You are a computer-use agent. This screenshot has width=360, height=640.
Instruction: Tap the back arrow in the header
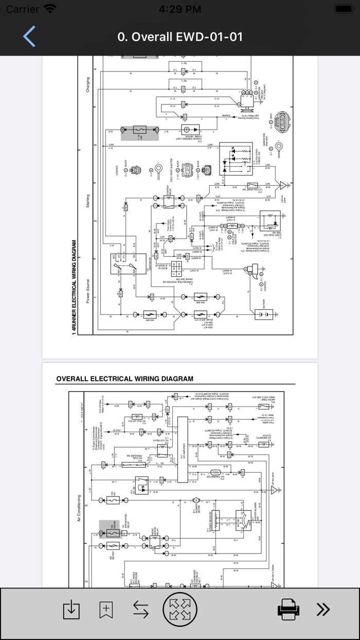(x=29, y=37)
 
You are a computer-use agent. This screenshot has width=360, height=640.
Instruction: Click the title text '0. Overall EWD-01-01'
(x=180, y=37)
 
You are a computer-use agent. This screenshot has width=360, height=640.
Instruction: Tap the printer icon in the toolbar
(x=288, y=610)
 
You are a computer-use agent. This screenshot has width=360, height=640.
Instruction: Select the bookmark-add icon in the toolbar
(x=106, y=610)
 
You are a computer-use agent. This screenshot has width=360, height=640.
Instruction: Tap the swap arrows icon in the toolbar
(x=140, y=610)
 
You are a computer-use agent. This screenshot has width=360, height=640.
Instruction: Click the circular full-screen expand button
(x=180, y=610)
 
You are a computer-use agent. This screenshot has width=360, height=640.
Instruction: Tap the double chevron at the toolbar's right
(x=323, y=610)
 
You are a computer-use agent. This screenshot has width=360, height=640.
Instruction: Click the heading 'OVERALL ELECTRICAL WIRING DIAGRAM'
(x=124, y=379)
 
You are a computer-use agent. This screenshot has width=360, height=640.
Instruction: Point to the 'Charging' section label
(x=88, y=85)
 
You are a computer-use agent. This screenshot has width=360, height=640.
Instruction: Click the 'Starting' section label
(x=88, y=202)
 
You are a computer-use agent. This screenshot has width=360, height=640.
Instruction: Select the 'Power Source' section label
(x=88, y=291)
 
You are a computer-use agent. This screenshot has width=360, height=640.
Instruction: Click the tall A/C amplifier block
(x=183, y=450)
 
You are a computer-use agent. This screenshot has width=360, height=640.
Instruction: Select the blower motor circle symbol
(x=195, y=501)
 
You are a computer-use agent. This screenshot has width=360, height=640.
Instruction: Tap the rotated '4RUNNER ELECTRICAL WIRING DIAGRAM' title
(x=75, y=288)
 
